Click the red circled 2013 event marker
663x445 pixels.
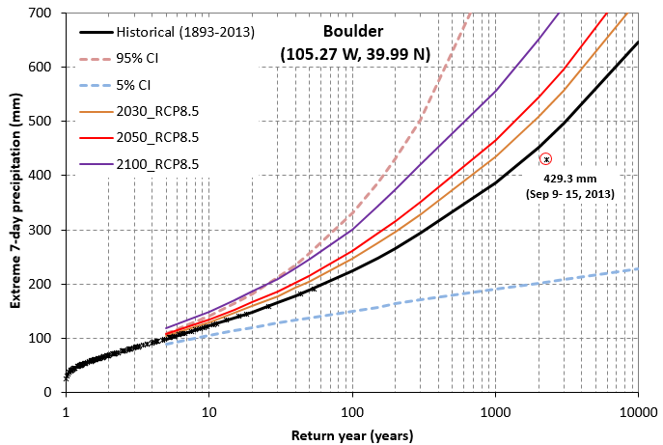pyautogui.click(x=546, y=159)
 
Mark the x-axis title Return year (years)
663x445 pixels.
pyautogui.click(x=352, y=435)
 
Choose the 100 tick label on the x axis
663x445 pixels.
pyautogui.click(x=352, y=410)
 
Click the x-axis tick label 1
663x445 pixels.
pyautogui.click(x=66, y=410)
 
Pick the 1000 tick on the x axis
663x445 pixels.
pyautogui.click(x=495, y=410)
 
